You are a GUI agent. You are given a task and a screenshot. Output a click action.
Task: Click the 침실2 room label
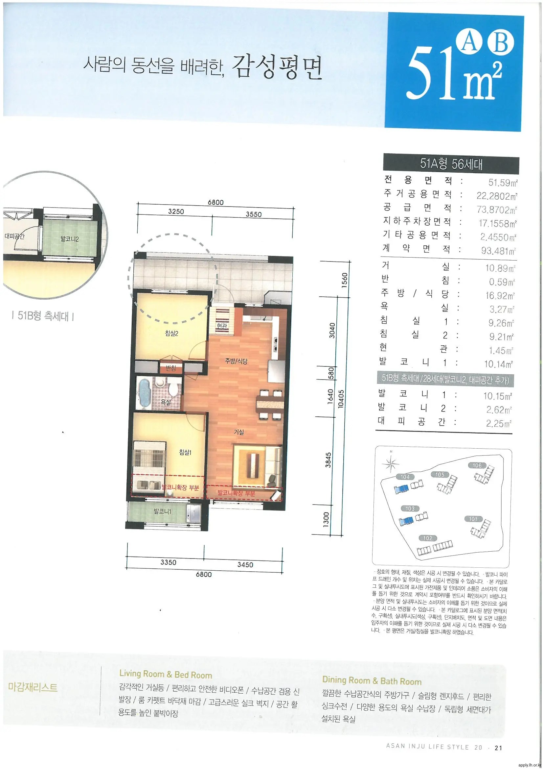(171, 333)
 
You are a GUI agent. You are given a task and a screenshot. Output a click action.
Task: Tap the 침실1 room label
(185, 453)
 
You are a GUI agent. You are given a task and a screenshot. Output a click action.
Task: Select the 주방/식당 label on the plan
(236, 361)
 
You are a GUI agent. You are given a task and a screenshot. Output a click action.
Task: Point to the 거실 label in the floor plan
(239, 432)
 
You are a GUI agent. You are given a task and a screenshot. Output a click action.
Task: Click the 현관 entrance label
(221, 326)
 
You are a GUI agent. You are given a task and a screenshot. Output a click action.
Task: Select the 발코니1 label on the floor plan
(162, 511)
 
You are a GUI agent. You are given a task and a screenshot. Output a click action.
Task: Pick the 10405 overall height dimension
(341, 398)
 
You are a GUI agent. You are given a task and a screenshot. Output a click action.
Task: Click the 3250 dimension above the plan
(176, 211)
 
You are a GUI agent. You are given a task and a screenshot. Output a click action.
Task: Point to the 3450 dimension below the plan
(245, 565)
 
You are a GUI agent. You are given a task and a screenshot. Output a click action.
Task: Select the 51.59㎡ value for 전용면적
(503, 183)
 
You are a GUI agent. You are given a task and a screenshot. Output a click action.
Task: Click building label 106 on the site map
(477, 465)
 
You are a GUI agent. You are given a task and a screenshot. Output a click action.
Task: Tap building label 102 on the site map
(428, 538)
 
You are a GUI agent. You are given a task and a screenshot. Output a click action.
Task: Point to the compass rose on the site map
(391, 463)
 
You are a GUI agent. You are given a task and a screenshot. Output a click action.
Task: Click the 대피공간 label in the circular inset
(15, 236)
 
